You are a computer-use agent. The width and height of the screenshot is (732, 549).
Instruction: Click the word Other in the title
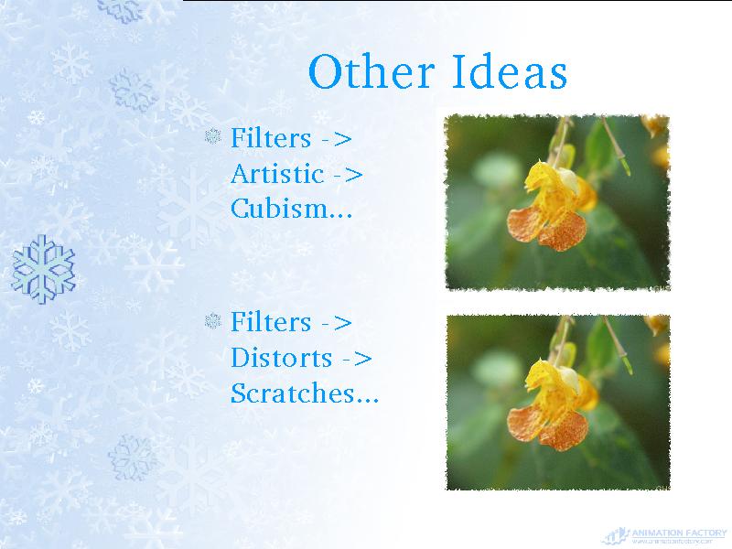pos(371,71)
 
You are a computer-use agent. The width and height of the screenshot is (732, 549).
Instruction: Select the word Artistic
pos(277,174)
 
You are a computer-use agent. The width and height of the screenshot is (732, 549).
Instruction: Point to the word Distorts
pos(282,358)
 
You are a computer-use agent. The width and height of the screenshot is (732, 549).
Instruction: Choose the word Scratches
pos(293,393)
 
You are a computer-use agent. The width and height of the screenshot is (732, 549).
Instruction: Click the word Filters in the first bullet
pos(271,138)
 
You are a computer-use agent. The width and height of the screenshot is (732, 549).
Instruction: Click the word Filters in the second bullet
pos(271,322)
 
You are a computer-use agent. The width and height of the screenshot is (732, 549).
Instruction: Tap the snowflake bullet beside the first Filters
pos(213,136)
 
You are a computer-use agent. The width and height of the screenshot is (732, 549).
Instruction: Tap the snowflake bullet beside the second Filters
pos(213,321)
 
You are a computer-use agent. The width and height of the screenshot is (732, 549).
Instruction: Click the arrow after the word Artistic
pos(349,176)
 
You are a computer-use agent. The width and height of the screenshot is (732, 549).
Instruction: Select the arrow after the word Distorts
pos(357,360)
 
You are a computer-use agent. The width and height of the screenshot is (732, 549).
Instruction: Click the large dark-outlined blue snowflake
pos(43,269)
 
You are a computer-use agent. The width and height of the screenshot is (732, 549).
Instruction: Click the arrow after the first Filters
pos(337,139)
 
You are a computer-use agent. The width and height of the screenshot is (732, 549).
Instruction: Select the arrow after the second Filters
pos(337,323)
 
